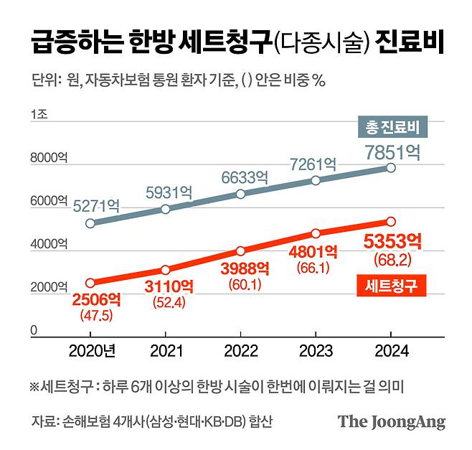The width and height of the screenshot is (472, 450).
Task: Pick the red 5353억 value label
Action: pos(391,241)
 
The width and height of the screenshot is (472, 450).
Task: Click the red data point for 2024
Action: pos(391,222)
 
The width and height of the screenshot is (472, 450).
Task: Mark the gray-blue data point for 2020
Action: pos(90,223)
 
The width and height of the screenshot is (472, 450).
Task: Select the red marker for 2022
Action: pos(240,251)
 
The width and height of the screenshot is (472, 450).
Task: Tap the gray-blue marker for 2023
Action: pos(316,180)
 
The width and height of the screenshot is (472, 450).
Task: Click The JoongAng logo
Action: pos(392,421)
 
